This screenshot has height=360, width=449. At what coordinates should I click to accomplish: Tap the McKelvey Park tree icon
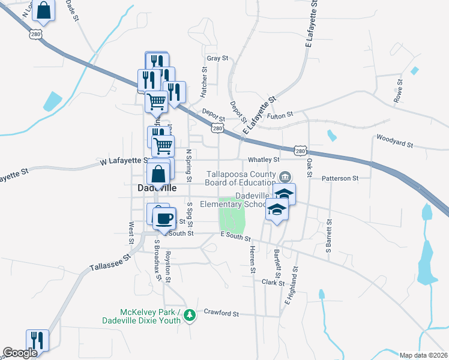pyautogui.click(x=190, y=314)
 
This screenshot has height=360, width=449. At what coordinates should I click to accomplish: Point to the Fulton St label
pyautogui.click(x=280, y=115)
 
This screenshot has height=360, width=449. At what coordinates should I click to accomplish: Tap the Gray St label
pyautogui.click(x=217, y=58)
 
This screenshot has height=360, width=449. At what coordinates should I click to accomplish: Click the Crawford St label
pyautogui.click(x=221, y=313)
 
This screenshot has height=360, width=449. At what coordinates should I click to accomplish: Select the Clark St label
pyautogui.click(x=272, y=281)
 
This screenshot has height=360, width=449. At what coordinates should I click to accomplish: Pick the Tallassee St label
pyautogui.click(x=110, y=262)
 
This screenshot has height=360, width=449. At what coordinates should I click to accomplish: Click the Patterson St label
pyautogui.click(x=340, y=178)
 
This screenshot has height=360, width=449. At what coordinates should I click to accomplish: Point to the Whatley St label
pyautogui.click(x=264, y=160)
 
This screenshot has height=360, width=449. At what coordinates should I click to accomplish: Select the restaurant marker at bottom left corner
pyautogui.click(x=37, y=340)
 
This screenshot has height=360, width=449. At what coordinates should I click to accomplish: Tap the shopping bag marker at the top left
pyautogui.click(x=44, y=10)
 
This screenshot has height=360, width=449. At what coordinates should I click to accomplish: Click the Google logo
pyautogui.click(x=19, y=353)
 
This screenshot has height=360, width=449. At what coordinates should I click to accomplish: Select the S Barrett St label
pyautogui.click(x=329, y=239)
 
